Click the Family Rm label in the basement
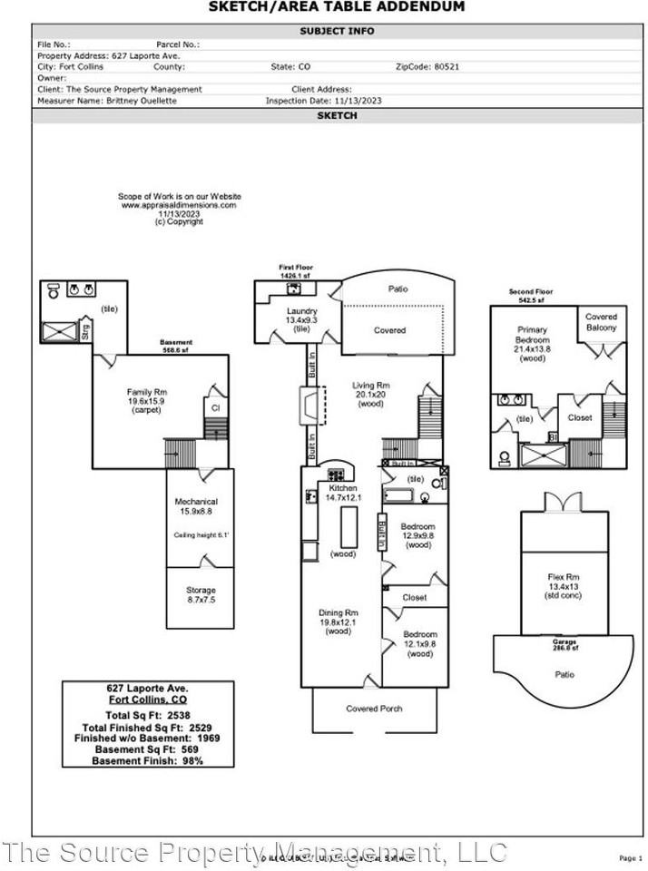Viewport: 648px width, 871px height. [147, 392]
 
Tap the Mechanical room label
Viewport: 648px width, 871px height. [196, 502]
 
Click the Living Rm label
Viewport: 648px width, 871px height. [370, 386]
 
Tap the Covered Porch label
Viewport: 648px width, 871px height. [374, 709]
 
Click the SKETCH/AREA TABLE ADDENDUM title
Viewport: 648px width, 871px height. [336, 7]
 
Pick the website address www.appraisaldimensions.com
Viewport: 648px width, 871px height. [179, 205]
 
